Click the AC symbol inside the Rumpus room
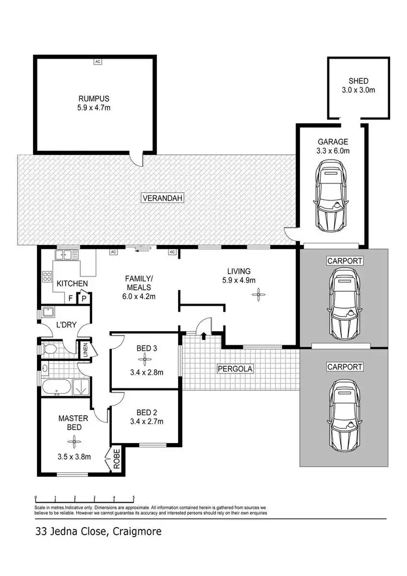[98, 61]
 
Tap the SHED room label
[359, 81]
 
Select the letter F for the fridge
[71, 298]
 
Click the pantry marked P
[84, 298]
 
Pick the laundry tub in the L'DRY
[47, 313]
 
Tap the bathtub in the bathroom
[57, 388]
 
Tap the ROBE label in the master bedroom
[116, 459]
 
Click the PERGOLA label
[235, 369]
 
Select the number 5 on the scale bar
[133, 497]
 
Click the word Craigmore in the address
[137, 531]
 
